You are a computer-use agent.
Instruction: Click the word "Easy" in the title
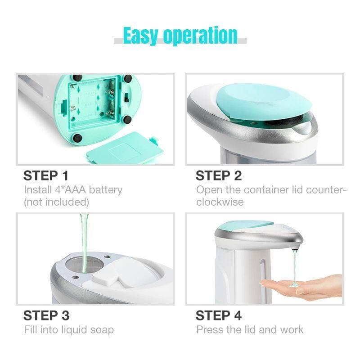[x=140, y=36]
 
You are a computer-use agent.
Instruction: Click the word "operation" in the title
[x=200, y=36]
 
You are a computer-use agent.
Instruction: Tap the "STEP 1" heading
[x=46, y=175]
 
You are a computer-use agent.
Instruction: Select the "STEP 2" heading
[x=219, y=175]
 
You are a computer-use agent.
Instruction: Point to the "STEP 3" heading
[x=46, y=315]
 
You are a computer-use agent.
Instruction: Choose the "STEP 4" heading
[x=219, y=315]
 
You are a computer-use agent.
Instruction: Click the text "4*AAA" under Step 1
[x=71, y=190]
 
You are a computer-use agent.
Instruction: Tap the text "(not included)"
[x=57, y=202]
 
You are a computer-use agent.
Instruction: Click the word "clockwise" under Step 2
[x=220, y=202]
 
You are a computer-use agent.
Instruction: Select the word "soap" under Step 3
[x=102, y=330]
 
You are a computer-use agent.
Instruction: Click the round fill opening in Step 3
[x=85, y=265]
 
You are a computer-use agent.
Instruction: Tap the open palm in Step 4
[x=302, y=287]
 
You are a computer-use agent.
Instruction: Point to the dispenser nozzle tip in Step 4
[x=295, y=248]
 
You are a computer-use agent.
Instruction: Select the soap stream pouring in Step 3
[x=84, y=243]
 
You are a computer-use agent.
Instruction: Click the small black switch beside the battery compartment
[x=126, y=97]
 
